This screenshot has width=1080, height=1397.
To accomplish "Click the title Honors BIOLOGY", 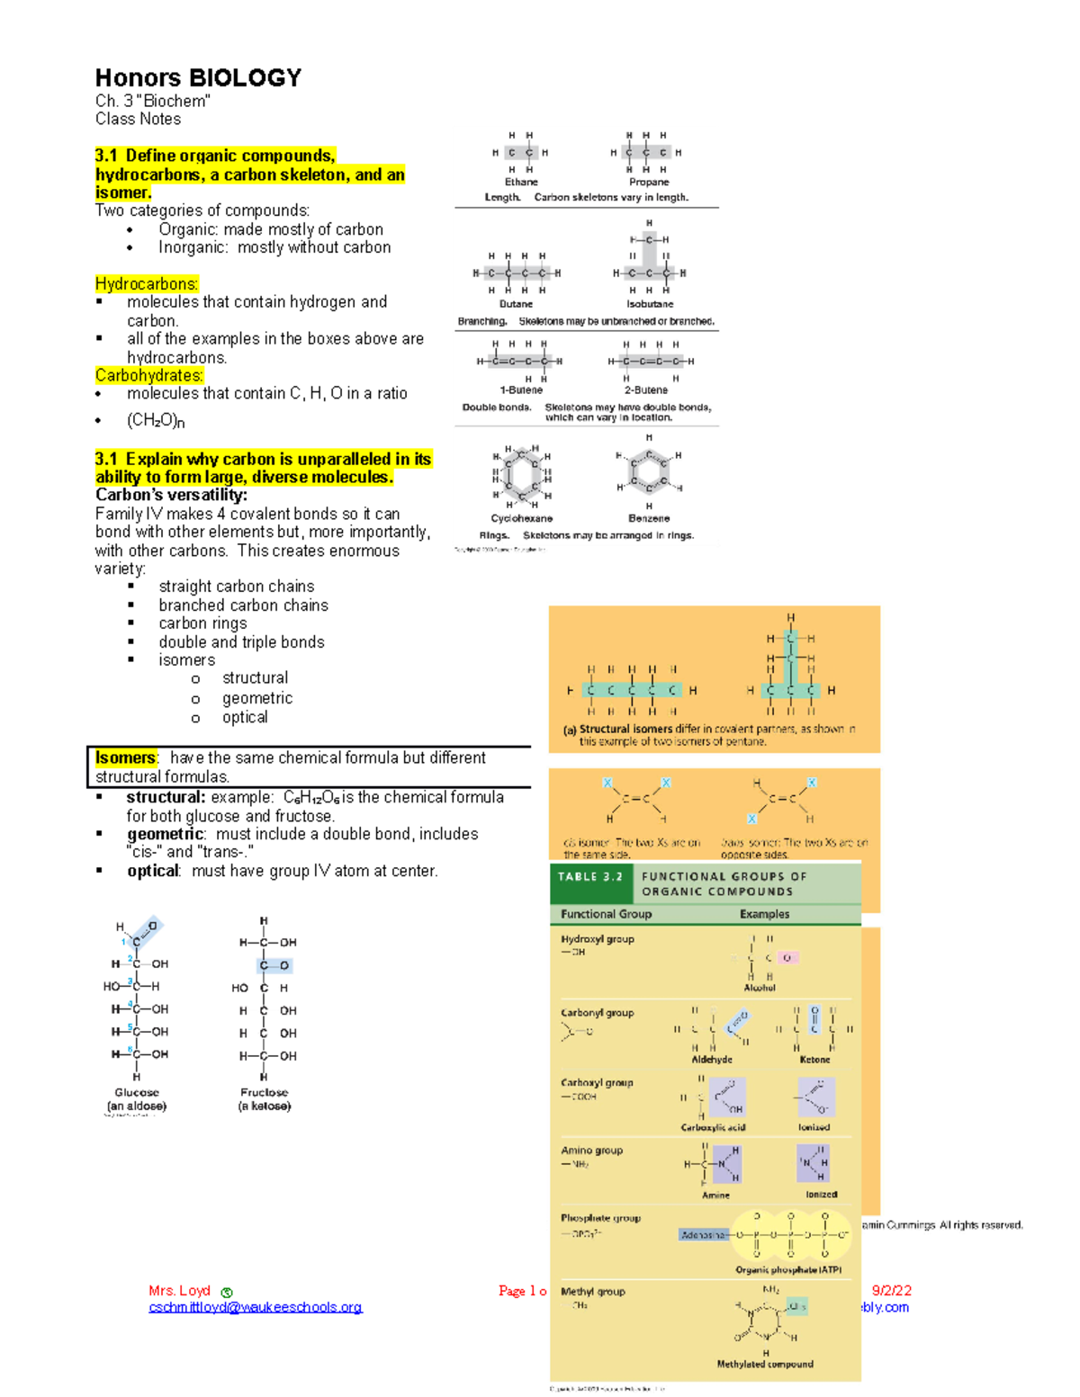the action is pyautogui.click(x=198, y=78).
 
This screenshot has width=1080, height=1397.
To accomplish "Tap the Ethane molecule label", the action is pyautogui.click(x=521, y=182).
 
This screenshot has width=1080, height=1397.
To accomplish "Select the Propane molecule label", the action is pyautogui.click(x=649, y=182).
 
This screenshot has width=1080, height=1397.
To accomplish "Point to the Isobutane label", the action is pyautogui.click(x=650, y=304).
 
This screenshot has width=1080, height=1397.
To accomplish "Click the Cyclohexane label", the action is pyautogui.click(x=521, y=518).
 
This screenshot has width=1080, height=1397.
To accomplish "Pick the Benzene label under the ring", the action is pyautogui.click(x=649, y=518).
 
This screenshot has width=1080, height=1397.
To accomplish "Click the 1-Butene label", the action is pyautogui.click(x=521, y=390).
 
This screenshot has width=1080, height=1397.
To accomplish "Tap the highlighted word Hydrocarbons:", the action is pyautogui.click(x=147, y=284).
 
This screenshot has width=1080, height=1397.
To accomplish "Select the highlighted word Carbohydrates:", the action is pyautogui.click(x=149, y=375).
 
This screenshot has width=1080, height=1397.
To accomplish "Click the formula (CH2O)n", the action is pyautogui.click(x=156, y=420).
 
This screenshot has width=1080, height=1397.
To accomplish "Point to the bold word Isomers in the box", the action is pyautogui.click(x=125, y=758).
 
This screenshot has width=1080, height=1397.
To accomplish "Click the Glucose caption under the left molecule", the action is pyautogui.click(x=137, y=1093).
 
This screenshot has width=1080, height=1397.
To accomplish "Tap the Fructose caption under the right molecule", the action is pyautogui.click(x=264, y=1093).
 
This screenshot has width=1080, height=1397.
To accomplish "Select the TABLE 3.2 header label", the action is pyautogui.click(x=590, y=876).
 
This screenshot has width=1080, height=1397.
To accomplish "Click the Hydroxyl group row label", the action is pyautogui.click(x=598, y=939).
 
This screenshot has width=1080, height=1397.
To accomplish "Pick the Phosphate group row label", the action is pyautogui.click(x=600, y=1218).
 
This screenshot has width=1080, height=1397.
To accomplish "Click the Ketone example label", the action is pyautogui.click(x=814, y=1060).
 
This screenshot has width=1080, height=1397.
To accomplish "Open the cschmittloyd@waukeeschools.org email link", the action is pyautogui.click(x=256, y=1307).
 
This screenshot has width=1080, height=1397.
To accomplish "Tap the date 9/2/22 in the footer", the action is pyautogui.click(x=892, y=1290).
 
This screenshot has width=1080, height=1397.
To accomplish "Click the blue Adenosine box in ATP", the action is pyautogui.click(x=704, y=1235).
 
